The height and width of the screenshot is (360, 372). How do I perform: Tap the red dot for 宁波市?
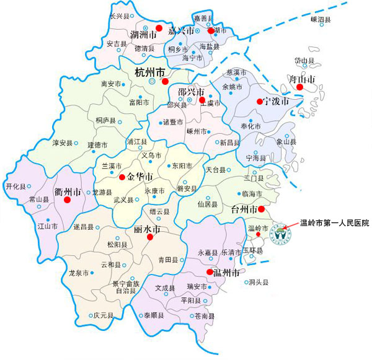click(x=259, y=101)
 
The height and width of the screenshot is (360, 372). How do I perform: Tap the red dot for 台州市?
click(x=261, y=209)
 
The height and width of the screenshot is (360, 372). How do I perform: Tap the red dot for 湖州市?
click(x=159, y=29)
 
